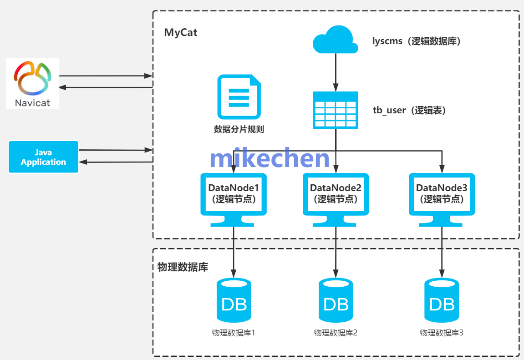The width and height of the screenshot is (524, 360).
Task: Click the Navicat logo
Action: [32, 83]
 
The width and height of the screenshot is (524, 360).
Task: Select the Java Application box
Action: [44, 157]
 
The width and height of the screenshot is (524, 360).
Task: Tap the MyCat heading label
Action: [181, 33]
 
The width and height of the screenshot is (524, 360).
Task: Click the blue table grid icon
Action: [336, 110]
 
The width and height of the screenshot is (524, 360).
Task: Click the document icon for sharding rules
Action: [239, 97]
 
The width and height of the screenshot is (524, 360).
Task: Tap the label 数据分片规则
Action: [239, 129]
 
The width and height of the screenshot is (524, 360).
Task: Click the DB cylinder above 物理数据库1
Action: [234, 301]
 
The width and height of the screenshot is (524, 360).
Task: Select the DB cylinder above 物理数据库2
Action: [336, 301]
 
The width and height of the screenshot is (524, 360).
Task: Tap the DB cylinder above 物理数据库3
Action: [442, 301]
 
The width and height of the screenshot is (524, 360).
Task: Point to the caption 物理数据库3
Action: [442, 333]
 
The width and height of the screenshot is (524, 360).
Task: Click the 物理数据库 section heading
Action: [183, 267]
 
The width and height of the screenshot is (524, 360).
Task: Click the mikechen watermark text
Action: [270, 159]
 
